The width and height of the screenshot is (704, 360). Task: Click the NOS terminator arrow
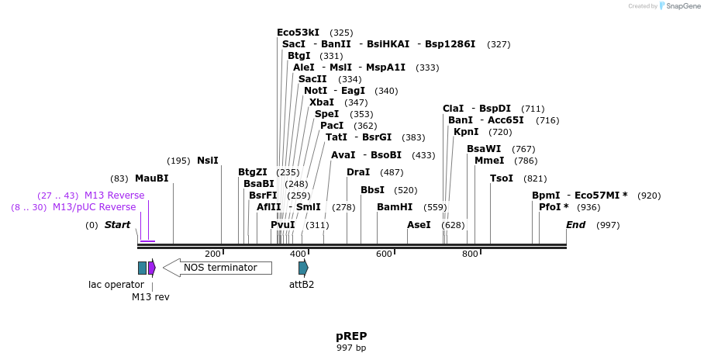click(218, 268)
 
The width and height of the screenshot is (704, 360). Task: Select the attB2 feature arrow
click(303, 268)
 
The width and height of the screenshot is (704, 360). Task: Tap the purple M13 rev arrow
click(152, 268)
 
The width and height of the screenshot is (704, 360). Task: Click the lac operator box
click(142, 268)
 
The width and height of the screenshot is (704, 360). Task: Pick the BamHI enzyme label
click(395, 207)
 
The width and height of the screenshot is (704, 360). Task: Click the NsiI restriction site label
click(208, 161)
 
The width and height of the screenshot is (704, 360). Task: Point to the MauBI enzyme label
click(151, 178)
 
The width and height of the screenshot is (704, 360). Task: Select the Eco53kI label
click(298, 33)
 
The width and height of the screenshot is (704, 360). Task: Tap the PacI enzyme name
click(332, 126)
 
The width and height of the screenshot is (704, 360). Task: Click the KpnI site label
click(466, 132)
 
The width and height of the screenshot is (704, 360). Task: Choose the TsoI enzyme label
click(502, 178)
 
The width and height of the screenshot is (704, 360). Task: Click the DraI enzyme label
click(358, 172)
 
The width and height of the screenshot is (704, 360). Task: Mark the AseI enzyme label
click(419, 225)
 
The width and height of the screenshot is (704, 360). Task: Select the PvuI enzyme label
click(283, 225)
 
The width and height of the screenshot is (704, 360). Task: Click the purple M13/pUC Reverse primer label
click(94, 207)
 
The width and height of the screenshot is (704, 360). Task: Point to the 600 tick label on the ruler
click(385, 254)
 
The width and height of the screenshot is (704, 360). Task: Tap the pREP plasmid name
click(351, 336)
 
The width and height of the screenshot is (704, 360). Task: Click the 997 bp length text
click(351, 348)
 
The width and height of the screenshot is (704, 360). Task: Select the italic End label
click(576, 225)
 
